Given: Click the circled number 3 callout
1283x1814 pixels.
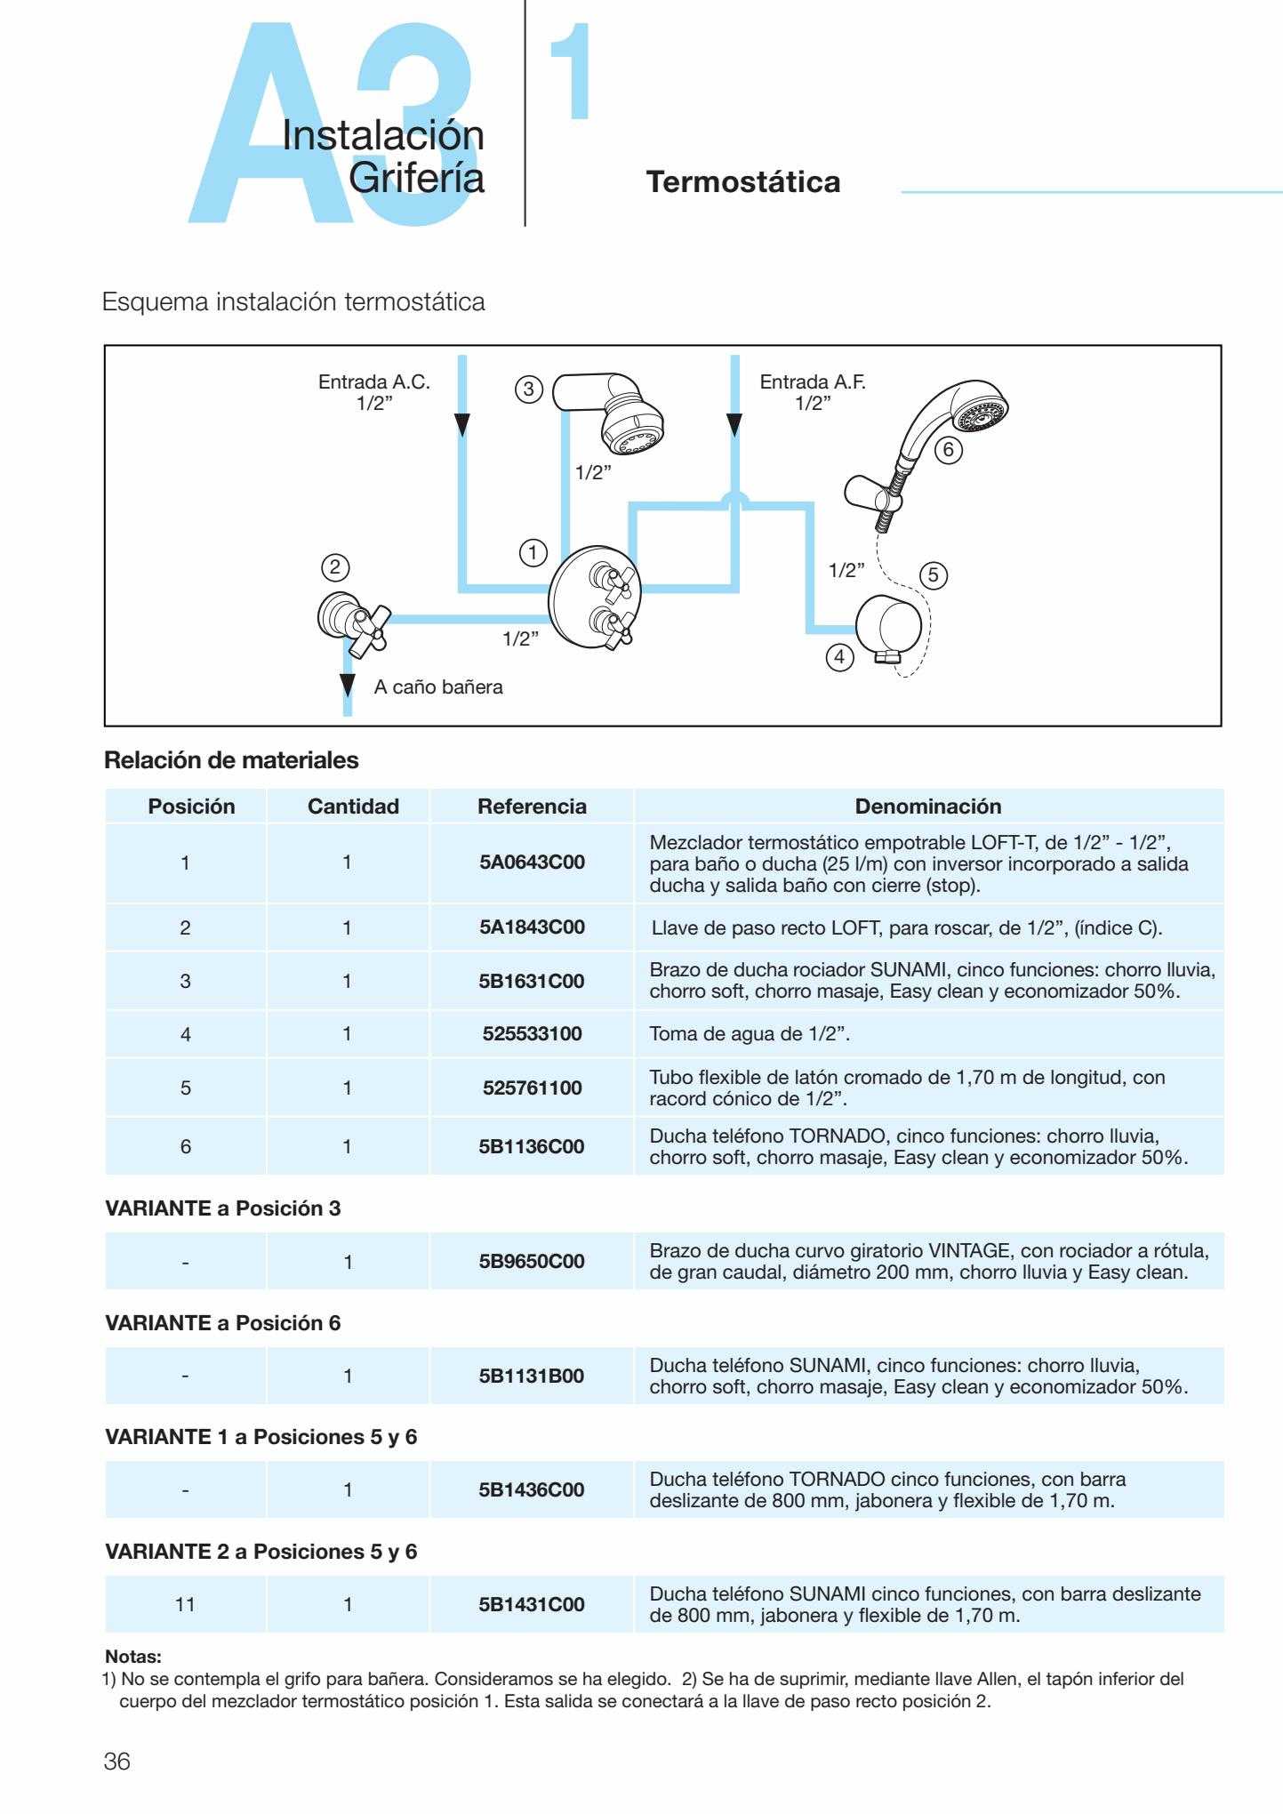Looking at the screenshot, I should pos(529,389).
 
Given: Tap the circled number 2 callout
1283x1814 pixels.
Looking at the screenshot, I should pos(334,567).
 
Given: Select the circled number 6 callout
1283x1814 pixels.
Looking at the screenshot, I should pos(948,450).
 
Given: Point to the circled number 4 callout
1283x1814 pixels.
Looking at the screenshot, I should pos(840,658).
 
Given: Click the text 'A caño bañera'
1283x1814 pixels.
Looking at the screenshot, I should pos(438,687).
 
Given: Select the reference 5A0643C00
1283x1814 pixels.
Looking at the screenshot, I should pos(532,863).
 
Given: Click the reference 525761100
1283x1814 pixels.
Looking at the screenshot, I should pos(532,1088).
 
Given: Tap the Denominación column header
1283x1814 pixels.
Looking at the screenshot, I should pos(927,807).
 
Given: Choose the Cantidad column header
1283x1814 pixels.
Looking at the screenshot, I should pos(353,807).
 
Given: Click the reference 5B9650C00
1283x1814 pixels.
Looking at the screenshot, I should pos(532,1262).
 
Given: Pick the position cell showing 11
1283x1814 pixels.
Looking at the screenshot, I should pos(185,1605).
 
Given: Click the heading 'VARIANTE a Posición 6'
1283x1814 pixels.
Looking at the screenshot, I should pos(222,1323).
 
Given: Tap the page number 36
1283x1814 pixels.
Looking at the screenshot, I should pos(117,1762).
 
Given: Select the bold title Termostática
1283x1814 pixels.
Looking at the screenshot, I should pos(743,182).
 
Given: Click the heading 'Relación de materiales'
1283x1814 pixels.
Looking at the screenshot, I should pos(231,761).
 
